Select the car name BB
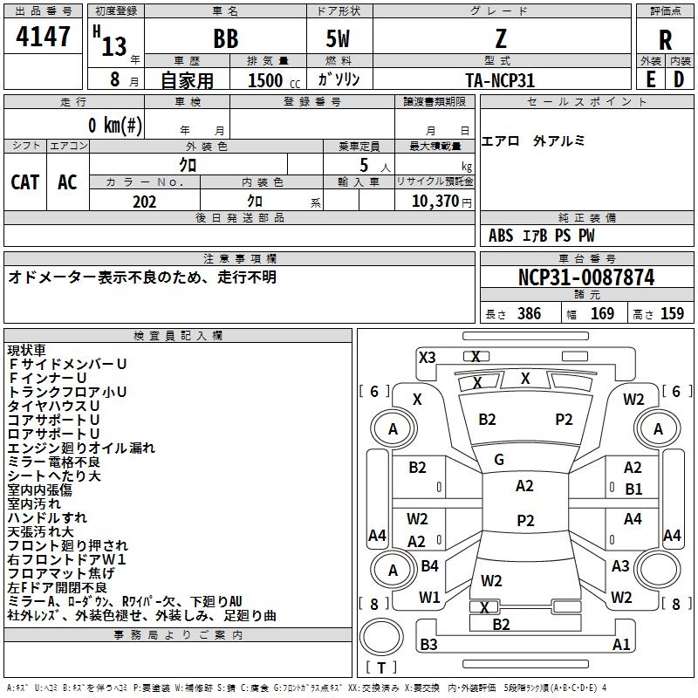(225, 40)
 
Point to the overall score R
(666, 40)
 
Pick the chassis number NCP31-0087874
(585, 277)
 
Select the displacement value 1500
(264, 80)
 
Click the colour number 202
(144, 202)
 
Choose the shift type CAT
(24, 181)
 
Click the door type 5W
(339, 40)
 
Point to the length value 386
(529, 314)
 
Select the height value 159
(672, 314)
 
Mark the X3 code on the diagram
(427, 357)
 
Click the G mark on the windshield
(499, 460)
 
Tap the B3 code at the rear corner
(428, 645)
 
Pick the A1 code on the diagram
(621, 645)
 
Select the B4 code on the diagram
(429, 566)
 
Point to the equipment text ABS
(501, 236)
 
